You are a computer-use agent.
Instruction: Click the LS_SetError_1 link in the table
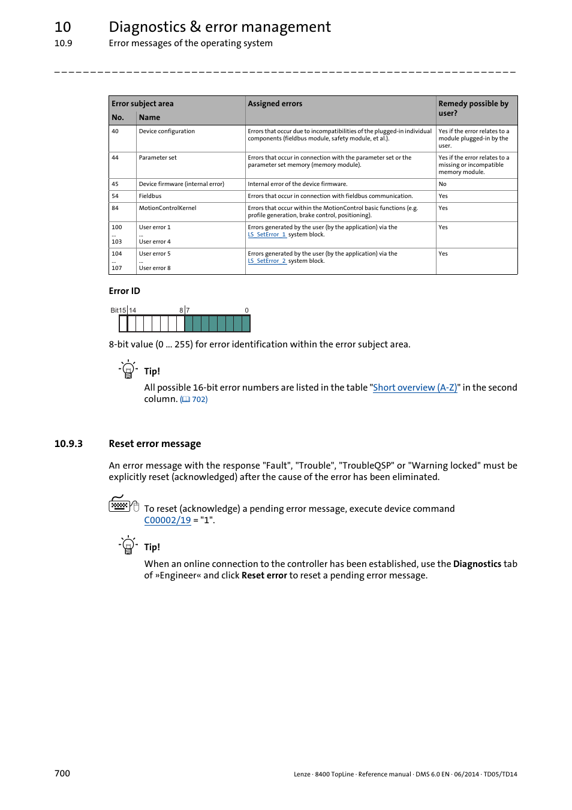click(x=267, y=235)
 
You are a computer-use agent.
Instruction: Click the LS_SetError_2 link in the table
click(x=267, y=261)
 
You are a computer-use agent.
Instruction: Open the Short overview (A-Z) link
click(x=415, y=388)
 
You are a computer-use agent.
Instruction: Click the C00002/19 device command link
click(x=167, y=520)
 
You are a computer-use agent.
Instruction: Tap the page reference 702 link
click(x=194, y=400)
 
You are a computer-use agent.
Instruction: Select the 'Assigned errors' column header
click(x=275, y=104)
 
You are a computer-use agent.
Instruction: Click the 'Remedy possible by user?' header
click(x=473, y=108)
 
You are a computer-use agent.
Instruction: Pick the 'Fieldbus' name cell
click(x=150, y=196)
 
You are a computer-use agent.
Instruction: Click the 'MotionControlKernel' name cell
click(x=167, y=208)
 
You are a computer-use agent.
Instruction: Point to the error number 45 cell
click(x=115, y=184)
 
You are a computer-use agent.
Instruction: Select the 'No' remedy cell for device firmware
click(x=442, y=184)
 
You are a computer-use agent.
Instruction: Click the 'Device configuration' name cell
click(x=167, y=131)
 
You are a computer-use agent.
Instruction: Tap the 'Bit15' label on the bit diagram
click(x=118, y=310)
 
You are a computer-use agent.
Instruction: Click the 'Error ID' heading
click(x=124, y=291)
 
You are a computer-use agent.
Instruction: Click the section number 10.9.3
click(x=68, y=444)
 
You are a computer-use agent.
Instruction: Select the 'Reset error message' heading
click(x=155, y=444)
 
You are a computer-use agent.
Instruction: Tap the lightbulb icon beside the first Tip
click(x=128, y=369)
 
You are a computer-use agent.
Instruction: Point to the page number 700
click(x=62, y=773)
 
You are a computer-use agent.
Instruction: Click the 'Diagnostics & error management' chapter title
click(x=219, y=27)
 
